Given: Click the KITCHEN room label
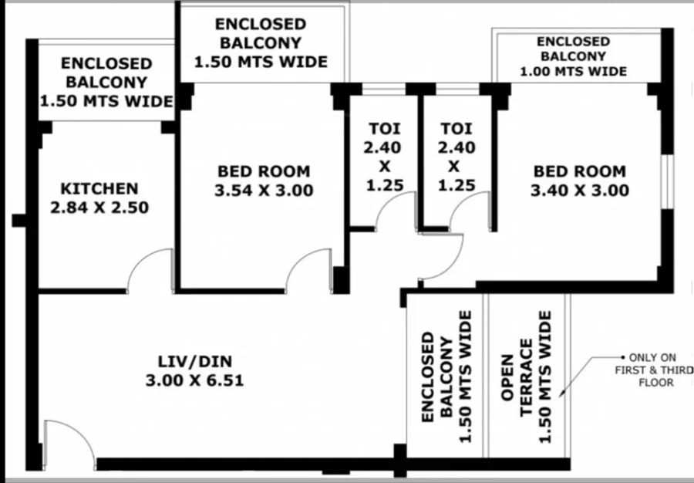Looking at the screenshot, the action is click(99, 188).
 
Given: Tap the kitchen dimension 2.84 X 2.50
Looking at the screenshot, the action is click(99, 208).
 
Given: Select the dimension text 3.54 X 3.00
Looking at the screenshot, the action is click(264, 191).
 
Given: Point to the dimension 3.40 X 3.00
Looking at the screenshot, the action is click(580, 191).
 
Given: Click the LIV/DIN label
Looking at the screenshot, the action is click(195, 362).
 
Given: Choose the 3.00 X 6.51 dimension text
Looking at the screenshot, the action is click(195, 380).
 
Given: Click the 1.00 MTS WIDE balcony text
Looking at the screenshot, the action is click(573, 71).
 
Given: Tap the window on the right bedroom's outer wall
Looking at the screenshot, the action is click(668, 181).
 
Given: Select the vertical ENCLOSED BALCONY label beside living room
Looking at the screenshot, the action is click(447, 377).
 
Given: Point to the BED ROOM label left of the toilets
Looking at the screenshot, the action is click(264, 171).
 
